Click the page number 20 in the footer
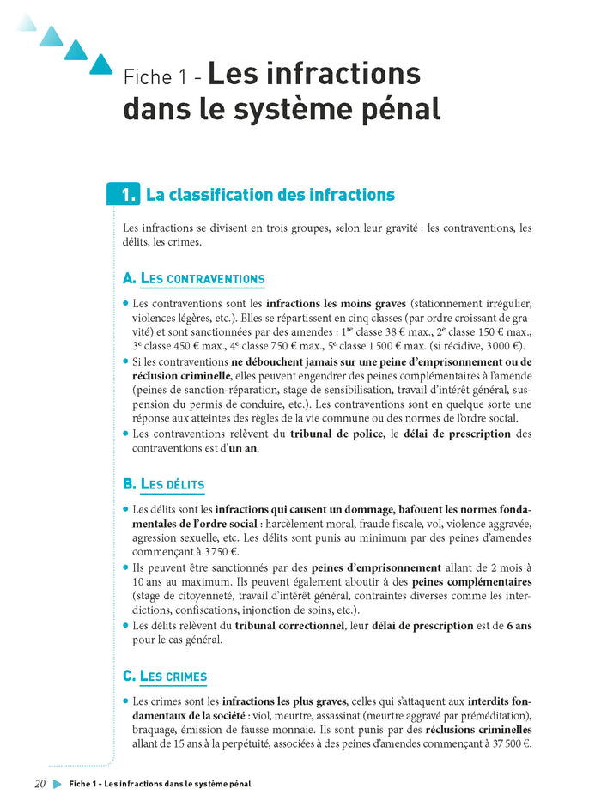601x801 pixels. coord(39,784)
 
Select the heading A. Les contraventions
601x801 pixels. coord(194,279)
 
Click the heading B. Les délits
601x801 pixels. coord(164,485)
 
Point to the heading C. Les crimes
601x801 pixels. coord(165,677)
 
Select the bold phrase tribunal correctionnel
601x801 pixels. coord(288,626)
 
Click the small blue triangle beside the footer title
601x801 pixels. coord(58,784)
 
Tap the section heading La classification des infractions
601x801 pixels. coord(270,195)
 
